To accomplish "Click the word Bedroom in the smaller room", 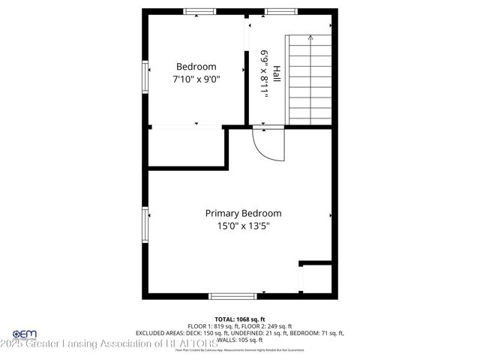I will point(196,66).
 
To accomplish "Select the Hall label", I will point(277,73).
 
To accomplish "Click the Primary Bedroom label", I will point(243,213).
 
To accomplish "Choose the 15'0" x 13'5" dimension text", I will point(243,226).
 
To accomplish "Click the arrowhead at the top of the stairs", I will point(310,36).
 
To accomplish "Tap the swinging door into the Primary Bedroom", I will point(268,143).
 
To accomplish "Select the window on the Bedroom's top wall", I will point(200,11).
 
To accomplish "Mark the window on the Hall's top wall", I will point(279,11).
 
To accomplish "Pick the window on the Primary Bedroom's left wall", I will point(145,225).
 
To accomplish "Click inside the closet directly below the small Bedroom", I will point(186,146).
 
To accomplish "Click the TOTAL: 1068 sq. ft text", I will point(240,319).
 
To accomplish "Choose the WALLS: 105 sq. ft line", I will point(240,340).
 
